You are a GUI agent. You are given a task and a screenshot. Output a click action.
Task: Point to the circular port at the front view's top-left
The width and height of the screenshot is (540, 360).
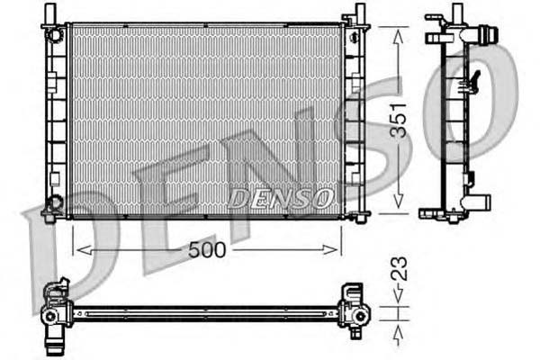pos(56,34)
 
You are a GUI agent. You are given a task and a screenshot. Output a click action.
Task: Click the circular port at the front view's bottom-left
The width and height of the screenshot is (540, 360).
pos(56,202)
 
